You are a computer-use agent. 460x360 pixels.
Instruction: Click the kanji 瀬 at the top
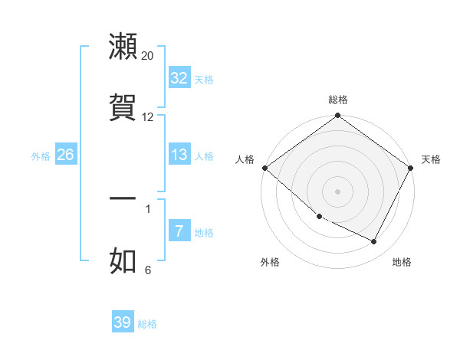(x=123, y=47)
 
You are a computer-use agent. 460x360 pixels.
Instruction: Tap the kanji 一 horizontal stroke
(x=123, y=198)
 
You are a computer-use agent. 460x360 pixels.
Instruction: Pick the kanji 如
(x=123, y=260)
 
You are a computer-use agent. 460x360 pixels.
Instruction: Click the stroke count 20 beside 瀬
(x=148, y=56)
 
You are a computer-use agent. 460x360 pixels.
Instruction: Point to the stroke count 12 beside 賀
(x=148, y=117)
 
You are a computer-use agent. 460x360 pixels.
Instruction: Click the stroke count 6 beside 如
(x=148, y=270)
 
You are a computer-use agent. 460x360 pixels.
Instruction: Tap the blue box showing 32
(x=179, y=78)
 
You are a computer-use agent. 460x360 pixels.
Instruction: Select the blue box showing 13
(x=179, y=155)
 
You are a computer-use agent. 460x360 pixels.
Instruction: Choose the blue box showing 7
(x=179, y=231)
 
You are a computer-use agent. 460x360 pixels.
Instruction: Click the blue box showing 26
(x=66, y=155)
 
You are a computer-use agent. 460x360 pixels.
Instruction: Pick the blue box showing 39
(x=123, y=322)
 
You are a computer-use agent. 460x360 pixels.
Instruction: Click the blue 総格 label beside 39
(x=147, y=324)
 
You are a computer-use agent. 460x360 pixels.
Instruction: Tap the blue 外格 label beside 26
(x=41, y=156)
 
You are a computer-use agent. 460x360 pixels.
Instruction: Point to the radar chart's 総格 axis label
(x=338, y=100)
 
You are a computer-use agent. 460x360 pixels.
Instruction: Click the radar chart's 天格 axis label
(x=431, y=159)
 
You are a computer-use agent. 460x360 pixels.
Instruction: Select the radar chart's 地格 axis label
(x=402, y=262)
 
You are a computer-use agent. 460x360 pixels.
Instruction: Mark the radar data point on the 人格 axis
(x=265, y=168)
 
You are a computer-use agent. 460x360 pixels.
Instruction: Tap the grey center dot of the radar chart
(x=338, y=191)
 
